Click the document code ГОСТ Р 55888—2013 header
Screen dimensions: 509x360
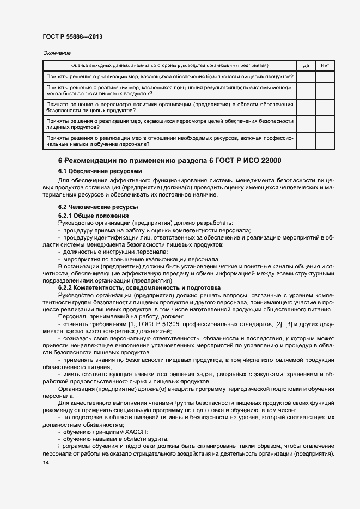coord(72,36)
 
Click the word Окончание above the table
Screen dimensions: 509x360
coord(57,53)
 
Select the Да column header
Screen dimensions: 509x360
coord(306,65)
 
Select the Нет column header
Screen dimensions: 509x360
coord(325,65)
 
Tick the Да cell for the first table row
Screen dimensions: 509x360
coord(306,77)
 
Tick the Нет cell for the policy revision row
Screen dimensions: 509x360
coord(325,107)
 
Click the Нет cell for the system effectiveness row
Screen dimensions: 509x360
coord(325,90)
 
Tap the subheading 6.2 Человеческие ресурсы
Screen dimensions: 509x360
coord(90,207)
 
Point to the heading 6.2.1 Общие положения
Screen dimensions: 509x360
coord(89,216)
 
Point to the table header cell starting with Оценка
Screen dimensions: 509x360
coord(169,65)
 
